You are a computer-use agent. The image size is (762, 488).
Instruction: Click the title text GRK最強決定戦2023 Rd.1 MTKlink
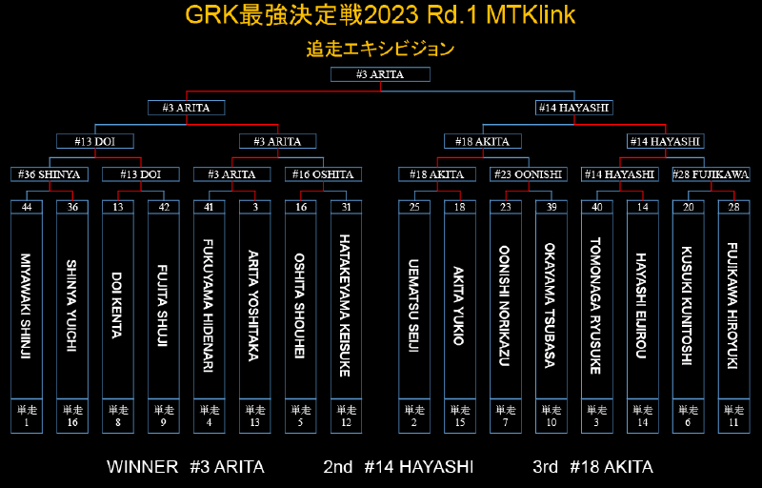coord(380,15)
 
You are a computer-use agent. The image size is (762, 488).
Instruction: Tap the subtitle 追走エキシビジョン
coord(380,50)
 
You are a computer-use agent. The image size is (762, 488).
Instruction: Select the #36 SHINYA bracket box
coord(50,174)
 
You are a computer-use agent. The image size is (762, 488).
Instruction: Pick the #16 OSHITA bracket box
coord(323,174)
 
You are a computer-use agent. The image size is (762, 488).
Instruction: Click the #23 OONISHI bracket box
coord(529,174)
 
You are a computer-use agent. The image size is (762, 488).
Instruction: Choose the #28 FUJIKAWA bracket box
coord(711,174)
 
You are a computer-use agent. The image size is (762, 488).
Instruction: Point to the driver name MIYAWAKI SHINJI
coord(26,306)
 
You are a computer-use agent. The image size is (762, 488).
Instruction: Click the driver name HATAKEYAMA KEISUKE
coord(345,306)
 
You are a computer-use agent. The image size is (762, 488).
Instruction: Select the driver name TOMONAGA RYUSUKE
coord(596,306)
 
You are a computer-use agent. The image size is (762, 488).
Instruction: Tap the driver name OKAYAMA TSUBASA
coord(551,306)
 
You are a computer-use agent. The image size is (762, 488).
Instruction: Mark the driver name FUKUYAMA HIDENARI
coord(209,306)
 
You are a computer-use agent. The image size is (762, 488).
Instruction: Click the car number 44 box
coord(27,207)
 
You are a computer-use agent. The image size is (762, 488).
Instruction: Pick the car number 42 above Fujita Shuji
coord(164,207)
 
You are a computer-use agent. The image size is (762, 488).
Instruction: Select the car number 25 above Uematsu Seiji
coord(414,207)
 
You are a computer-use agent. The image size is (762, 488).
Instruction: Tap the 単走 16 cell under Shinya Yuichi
coord(72,417)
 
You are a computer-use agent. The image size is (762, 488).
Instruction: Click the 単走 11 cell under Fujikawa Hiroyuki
coord(733,417)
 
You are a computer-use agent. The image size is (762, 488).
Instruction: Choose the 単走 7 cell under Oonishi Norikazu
coord(506,417)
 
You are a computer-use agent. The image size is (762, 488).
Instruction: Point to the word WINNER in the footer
coord(142,467)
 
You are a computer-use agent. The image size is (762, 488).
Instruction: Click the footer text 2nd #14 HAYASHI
coord(398,467)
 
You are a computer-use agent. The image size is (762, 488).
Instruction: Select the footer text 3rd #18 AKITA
coord(592,467)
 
